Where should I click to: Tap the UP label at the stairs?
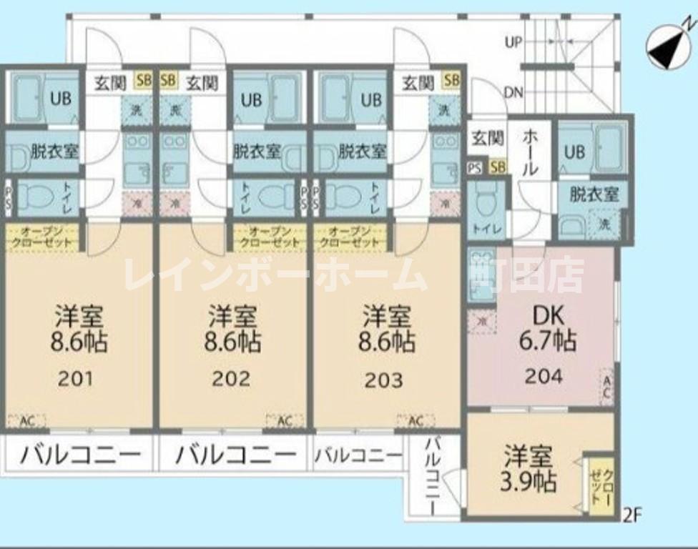pos(513,42)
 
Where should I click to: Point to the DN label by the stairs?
pos(513,92)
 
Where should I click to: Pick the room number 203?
pos(384,379)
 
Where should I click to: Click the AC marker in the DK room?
pos(606,387)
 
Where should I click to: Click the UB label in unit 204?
pos(575,152)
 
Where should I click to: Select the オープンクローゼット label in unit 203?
pos(350,237)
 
